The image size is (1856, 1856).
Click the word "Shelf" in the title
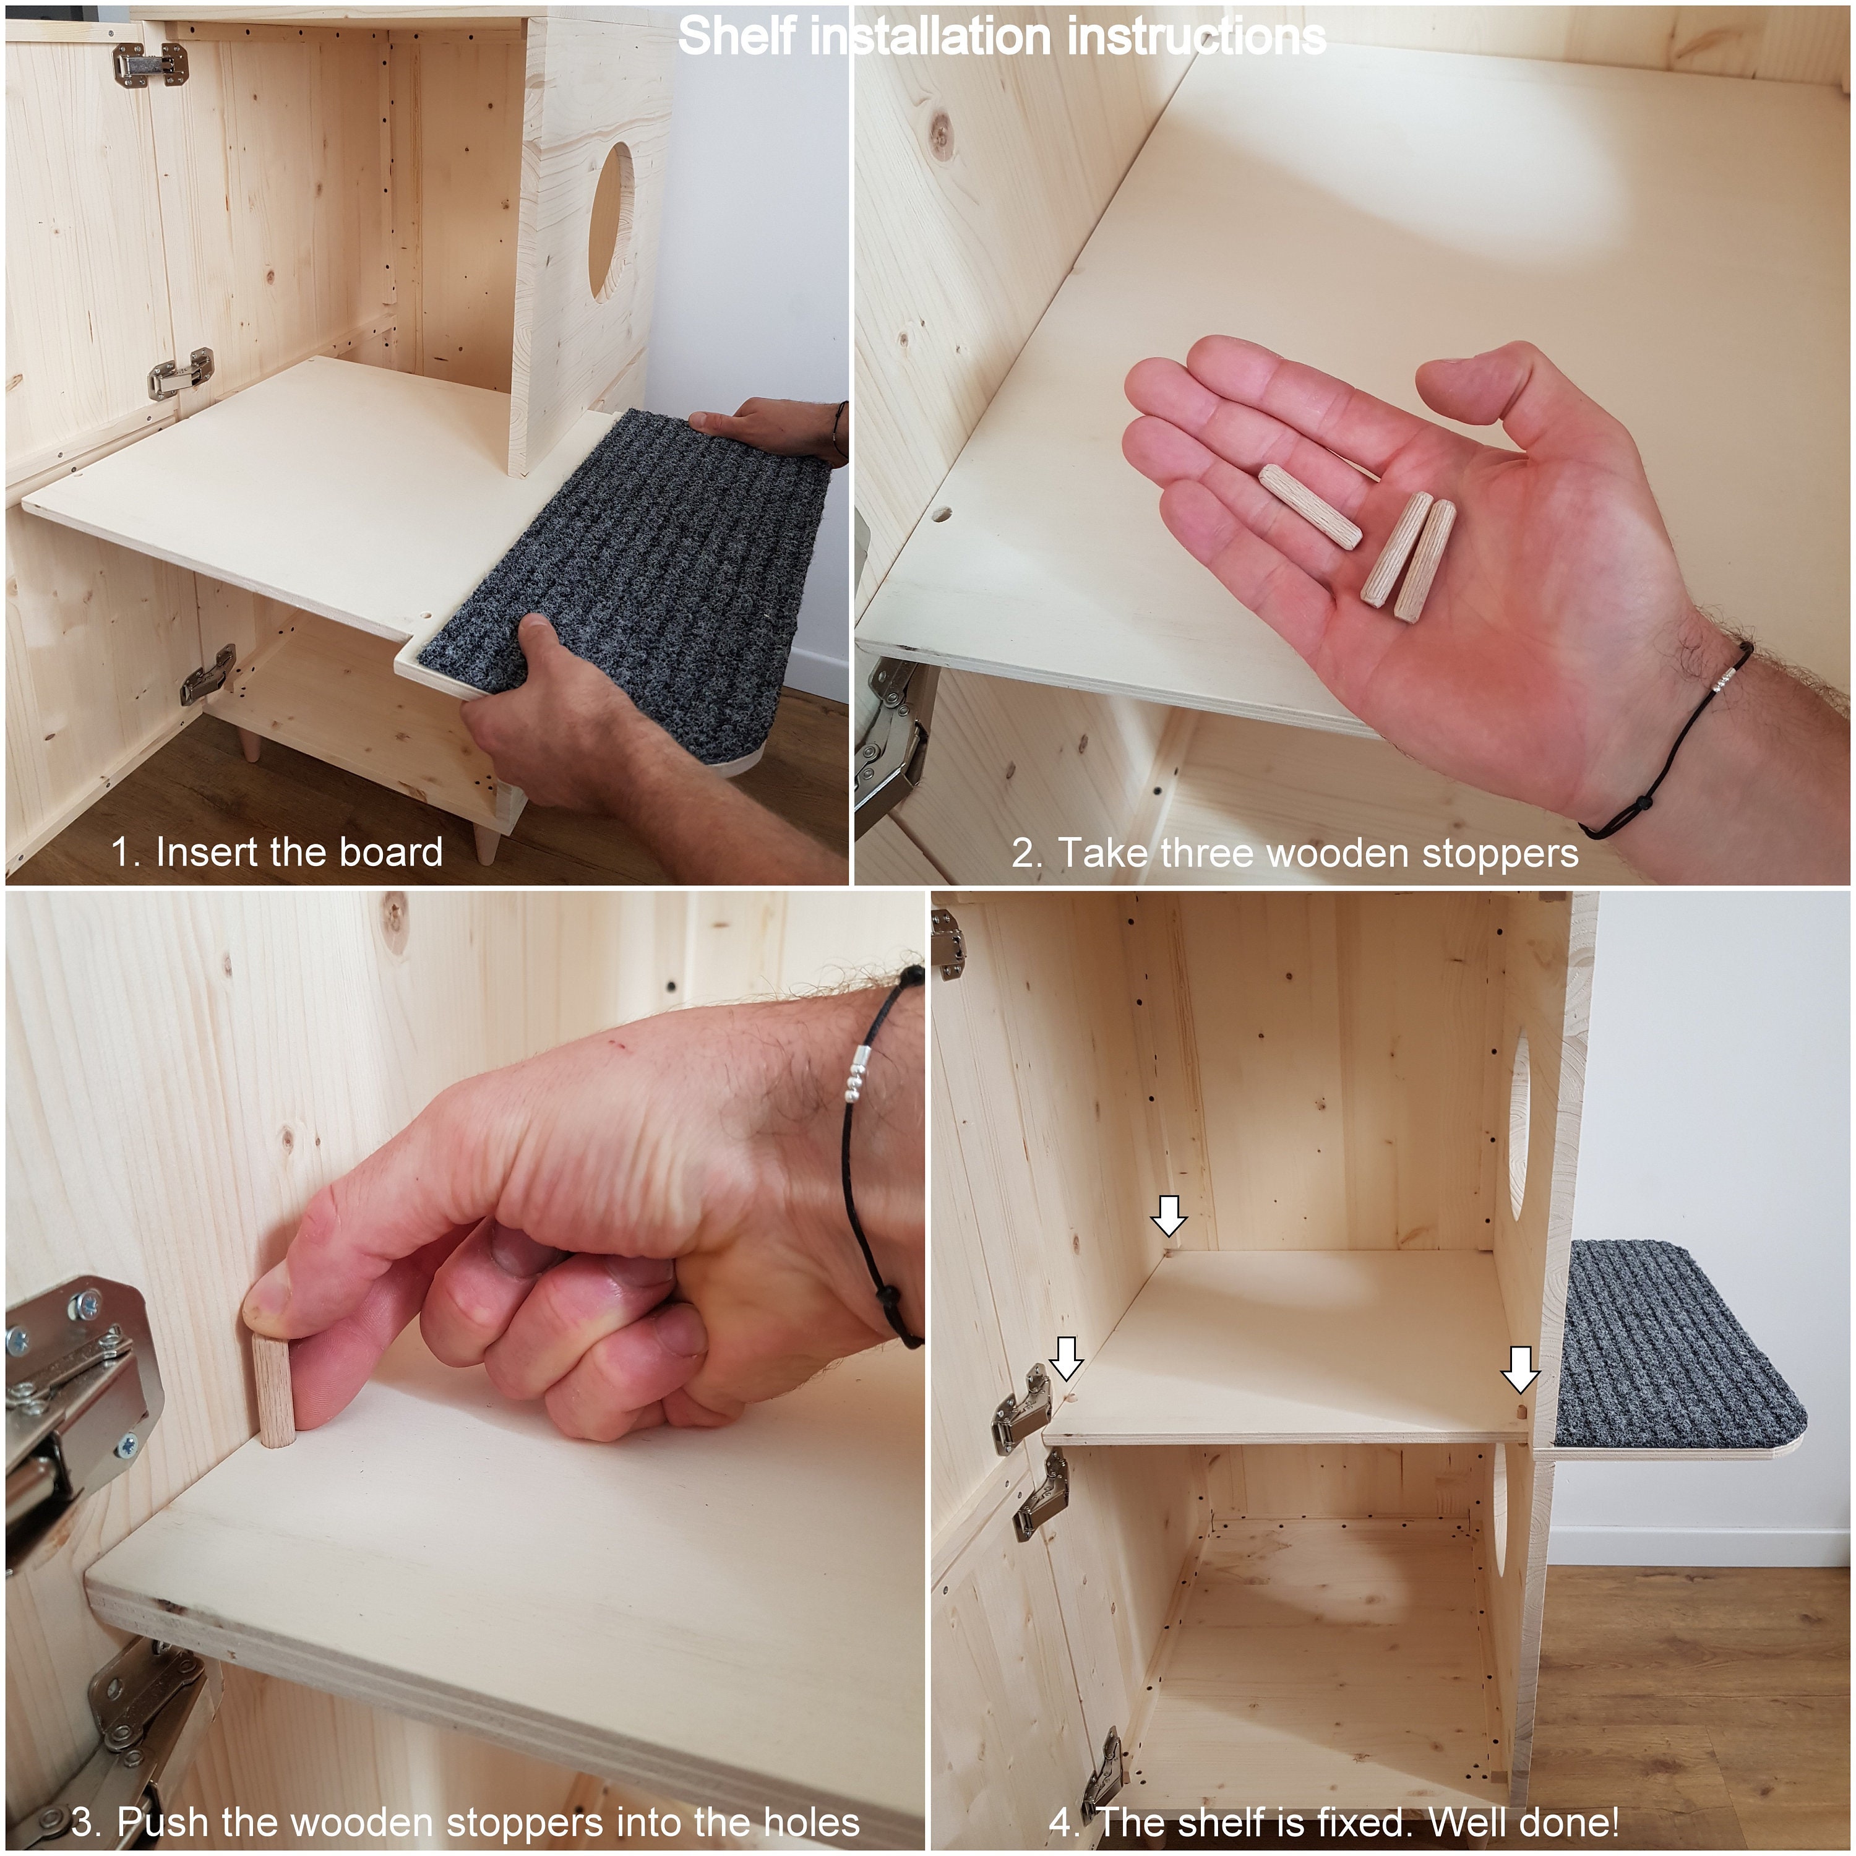(x=738, y=38)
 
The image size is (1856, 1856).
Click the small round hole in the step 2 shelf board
(x=943, y=515)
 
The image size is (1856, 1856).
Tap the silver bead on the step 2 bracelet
(x=1726, y=678)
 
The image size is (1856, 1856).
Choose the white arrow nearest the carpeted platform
(x=1521, y=1368)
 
